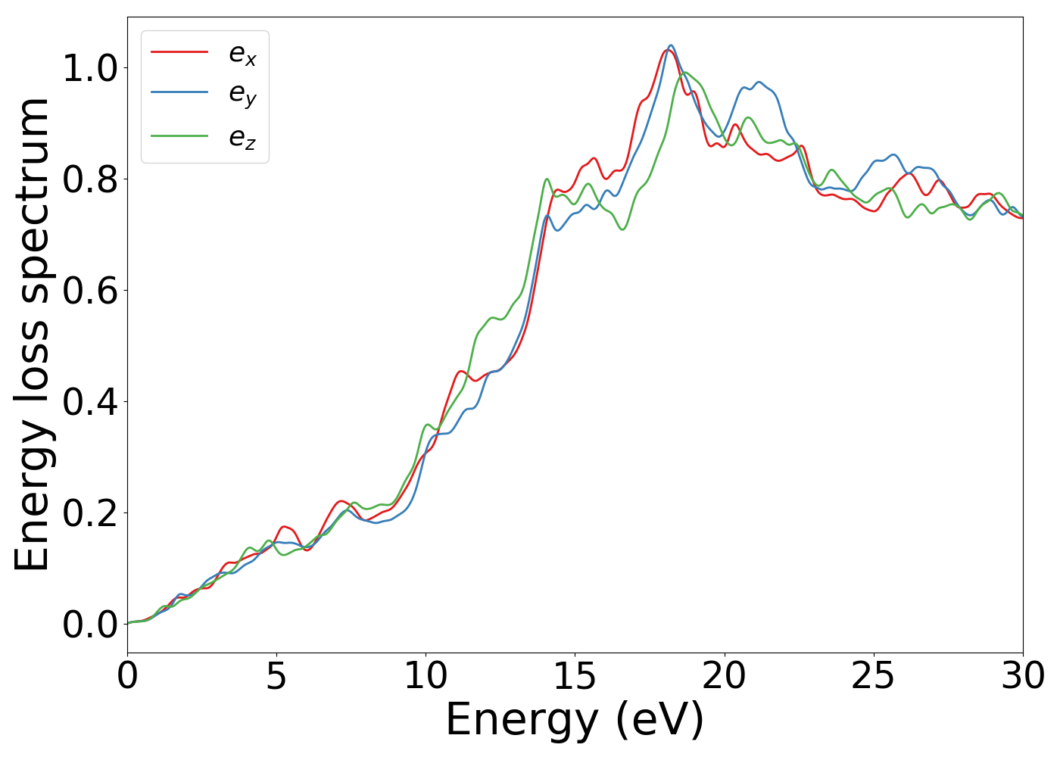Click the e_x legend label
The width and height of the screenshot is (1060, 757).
coord(242,54)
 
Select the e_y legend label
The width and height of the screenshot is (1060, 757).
coord(242,95)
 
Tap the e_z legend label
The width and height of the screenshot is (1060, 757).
coord(242,138)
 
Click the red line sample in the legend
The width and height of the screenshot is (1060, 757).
coord(179,51)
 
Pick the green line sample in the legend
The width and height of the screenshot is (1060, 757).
coord(179,136)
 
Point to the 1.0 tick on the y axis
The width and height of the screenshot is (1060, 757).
coord(91,69)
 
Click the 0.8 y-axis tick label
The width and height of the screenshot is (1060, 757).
coord(91,180)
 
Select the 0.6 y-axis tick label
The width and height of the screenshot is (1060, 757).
coord(91,291)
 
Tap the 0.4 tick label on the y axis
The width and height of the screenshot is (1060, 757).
coord(91,402)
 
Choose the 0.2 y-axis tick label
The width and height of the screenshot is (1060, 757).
coord(91,513)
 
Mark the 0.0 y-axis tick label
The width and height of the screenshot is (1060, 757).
coord(91,625)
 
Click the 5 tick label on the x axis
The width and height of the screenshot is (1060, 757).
coord(276,676)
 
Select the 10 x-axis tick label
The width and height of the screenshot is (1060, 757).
coord(426,676)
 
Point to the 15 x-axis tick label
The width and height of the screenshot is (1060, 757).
coord(575,676)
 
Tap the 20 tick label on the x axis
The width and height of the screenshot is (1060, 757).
coord(724,676)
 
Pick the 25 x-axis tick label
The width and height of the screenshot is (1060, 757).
coord(873,676)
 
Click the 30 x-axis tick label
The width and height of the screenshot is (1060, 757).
coord(1023,676)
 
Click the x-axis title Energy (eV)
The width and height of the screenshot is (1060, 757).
coord(575,720)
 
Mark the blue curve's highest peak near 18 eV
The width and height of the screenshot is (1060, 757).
coord(671,45)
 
